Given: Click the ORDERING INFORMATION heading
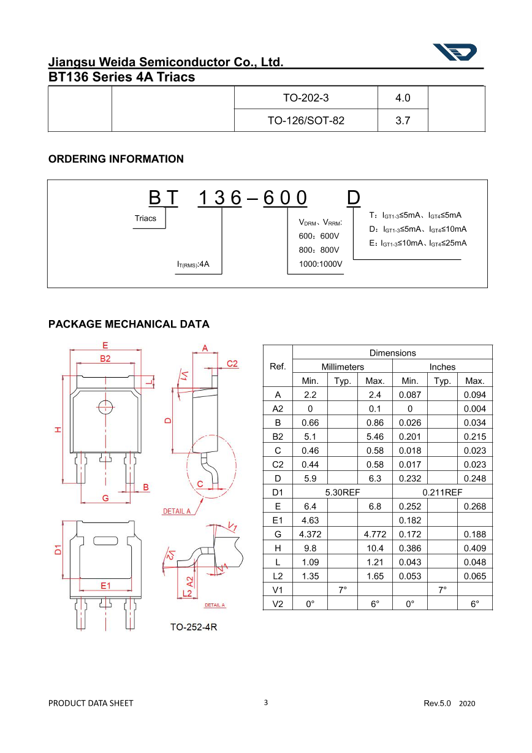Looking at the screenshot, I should click(x=116, y=159).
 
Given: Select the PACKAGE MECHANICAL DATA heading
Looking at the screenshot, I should click(x=129, y=324).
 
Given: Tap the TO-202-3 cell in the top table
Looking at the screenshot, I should click(x=306, y=97).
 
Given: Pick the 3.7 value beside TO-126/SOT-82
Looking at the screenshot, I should click(x=403, y=121).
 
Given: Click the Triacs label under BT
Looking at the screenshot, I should click(x=145, y=218).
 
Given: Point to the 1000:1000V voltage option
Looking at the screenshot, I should click(x=321, y=264).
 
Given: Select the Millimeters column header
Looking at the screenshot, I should click(x=343, y=367).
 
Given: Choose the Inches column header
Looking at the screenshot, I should click(x=442, y=367).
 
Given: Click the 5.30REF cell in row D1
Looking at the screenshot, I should click(x=342, y=492).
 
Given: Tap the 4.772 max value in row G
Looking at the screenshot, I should click(x=374, y=534).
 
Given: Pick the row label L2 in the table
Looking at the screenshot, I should click(x=278, y=576).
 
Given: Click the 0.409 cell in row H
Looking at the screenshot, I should click(x=474, y=548).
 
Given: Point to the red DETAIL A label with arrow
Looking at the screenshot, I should click(x=177, y=511).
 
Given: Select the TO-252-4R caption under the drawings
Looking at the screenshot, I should click(x=194, y=627).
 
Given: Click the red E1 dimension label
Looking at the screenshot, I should click(x=106, y=586).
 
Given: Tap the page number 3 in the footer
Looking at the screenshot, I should click(x=265, y=703).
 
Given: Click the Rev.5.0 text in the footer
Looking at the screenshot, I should click(x=437, y=703).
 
